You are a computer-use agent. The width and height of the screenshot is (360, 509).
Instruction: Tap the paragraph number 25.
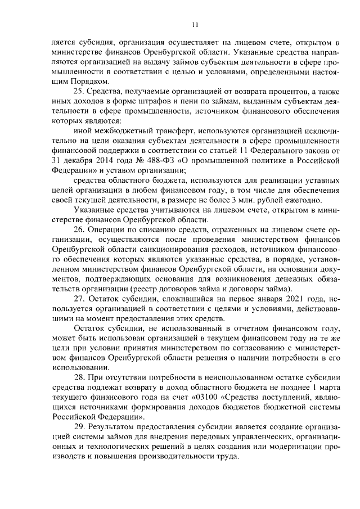[80, 92]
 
